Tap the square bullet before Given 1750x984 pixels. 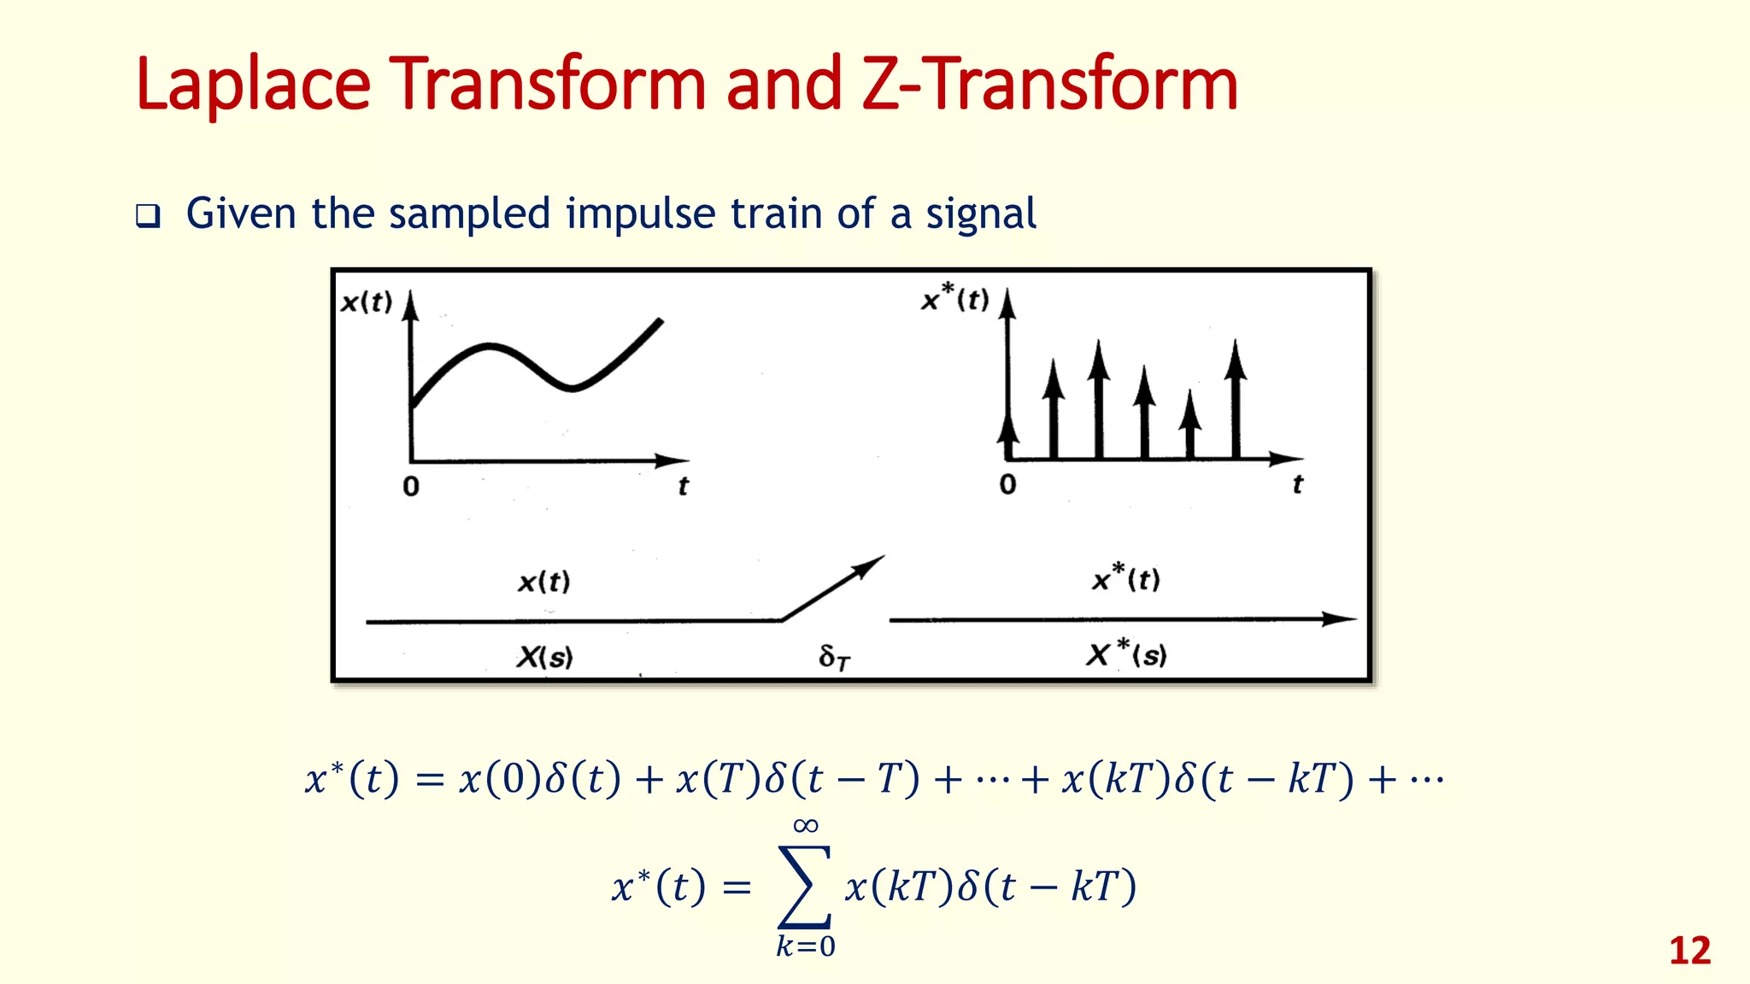click(x=148, y=215)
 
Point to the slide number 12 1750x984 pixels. click(x=1689, y=951)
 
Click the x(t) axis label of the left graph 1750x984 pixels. click(x=367, y=302)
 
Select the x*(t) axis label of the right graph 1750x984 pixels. click(x=955, y=299)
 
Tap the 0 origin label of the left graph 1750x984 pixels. click(x=411, y=487)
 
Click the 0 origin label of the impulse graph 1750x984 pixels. click(x=1008, y=485)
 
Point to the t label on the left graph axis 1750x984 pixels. click(x=683, y=487)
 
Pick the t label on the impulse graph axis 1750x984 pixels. click(x=1297, y=485)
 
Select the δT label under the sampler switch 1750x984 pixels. click(x=834, y=657)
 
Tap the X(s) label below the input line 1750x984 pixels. click(x=545, y=657)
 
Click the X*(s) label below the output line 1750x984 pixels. click(x=1126, y=655)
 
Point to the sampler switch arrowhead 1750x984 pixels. click(x=872, y=565)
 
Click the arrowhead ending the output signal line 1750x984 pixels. click(x=1340, y=619)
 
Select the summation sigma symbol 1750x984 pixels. click(x=804, y=886)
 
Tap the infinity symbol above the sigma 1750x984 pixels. click(x=806, y=825)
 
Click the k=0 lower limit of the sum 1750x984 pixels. click(x=805, y=946)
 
